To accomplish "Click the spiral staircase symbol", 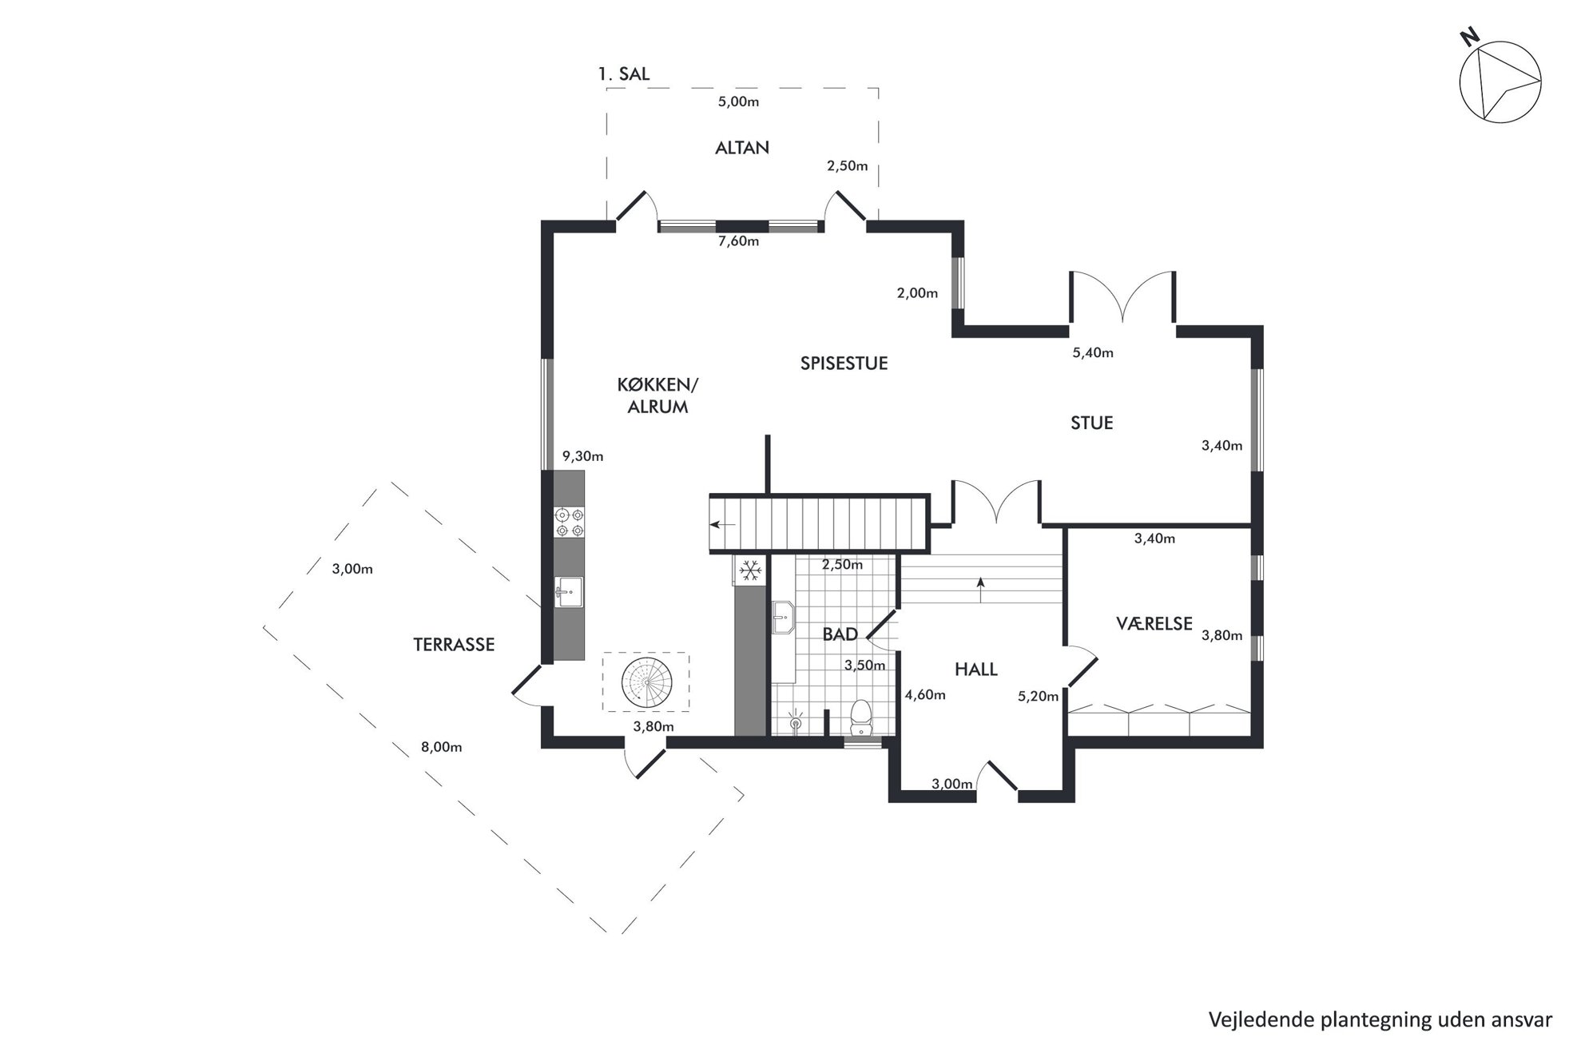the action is point(646,681).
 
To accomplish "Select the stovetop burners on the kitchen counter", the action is point(570,522).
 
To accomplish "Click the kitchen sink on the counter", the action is point(569,592).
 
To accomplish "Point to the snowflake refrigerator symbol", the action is point(749,570).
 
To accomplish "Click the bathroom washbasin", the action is point(783,618).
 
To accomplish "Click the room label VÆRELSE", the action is point(1154,623).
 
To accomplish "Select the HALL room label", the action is point(976,670).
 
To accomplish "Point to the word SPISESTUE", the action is point(844,364).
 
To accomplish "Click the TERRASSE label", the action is point(454,645).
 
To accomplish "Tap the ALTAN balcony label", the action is point(742,148).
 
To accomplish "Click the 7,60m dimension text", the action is point(738,241).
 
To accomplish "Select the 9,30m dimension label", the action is point(583,457).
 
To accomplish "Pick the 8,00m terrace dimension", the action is point(442,748).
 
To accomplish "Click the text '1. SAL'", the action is point(624,74).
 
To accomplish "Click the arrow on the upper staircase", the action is point(724,525).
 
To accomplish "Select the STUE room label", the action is point(1092,423).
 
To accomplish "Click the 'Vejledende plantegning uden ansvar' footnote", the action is point(1380,1020).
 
